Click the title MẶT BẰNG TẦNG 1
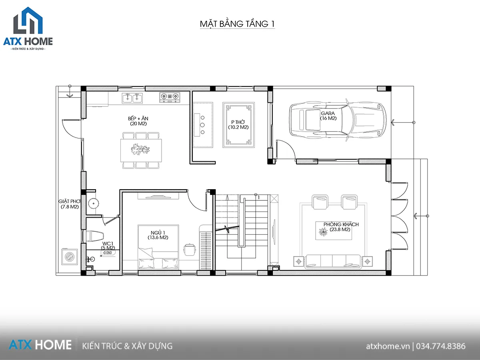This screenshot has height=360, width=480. pos(237,24)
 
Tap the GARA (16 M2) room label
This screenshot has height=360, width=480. pos(328,116)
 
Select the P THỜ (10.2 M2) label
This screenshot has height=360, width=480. pos(238,124)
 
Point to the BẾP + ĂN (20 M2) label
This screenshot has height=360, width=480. pos(138,121)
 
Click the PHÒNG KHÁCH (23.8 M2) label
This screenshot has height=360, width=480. pos(341,227)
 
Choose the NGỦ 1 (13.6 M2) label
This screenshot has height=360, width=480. pos(158,235)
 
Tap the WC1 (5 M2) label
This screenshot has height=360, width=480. pos(108,246)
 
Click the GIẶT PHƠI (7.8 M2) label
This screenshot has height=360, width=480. pos(70,204)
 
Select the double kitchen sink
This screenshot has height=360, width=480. pos(132,98)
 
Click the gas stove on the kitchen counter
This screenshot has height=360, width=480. pos(170,97)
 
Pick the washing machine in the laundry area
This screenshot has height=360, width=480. pos(70,256)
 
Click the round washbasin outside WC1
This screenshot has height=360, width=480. pos(94,204)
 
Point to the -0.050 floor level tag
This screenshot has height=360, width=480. pos(107,253)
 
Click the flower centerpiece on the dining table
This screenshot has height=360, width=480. pos(140,150)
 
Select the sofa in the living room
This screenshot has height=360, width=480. pos(333,262)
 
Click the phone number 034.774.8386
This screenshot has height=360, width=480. pos(441,346)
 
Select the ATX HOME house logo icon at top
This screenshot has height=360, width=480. pos(28,20)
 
